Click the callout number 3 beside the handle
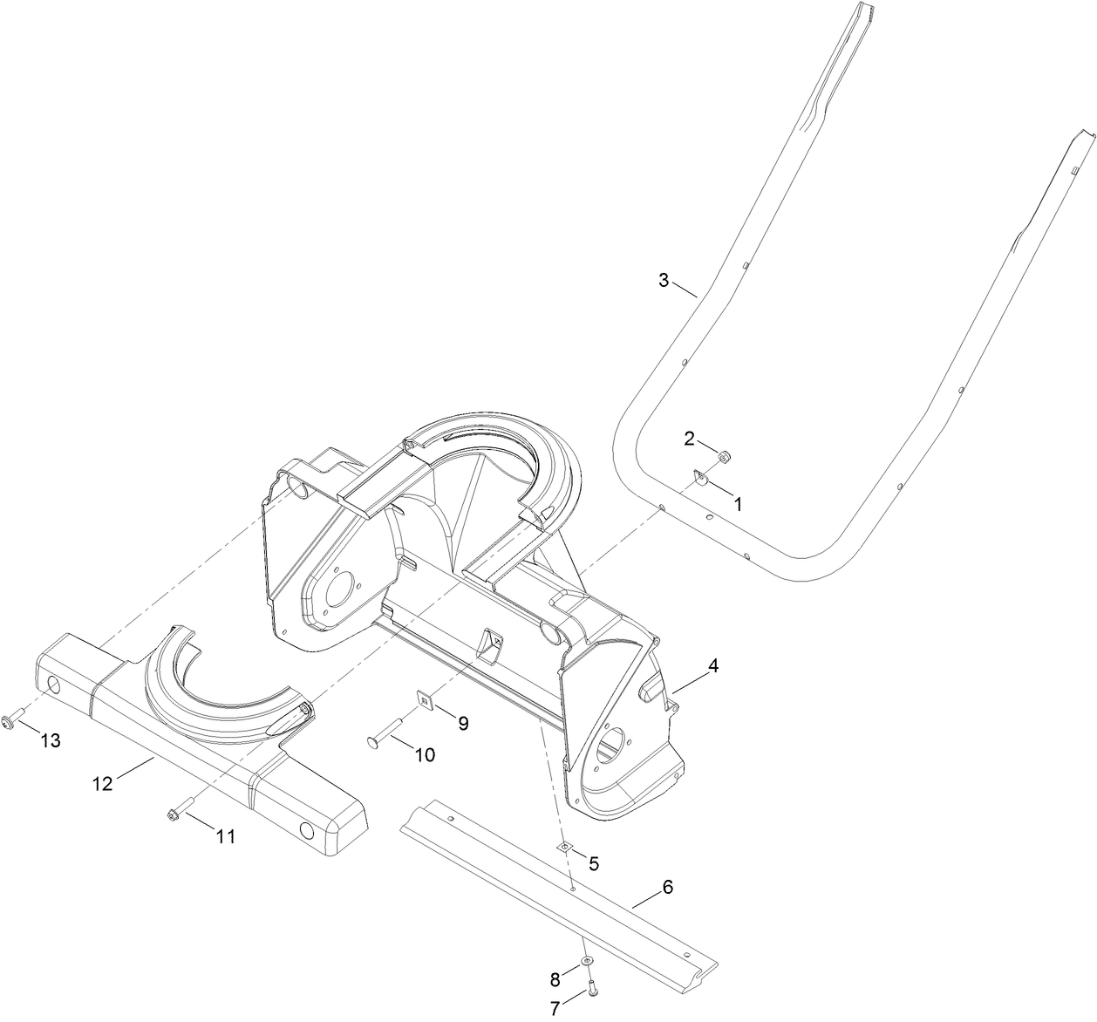click(664, 280)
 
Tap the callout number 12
click(103, 784)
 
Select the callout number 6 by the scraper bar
click(668, 888)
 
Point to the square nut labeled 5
click(565, 846)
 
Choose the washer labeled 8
click(587, 960)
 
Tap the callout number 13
click(51, 740)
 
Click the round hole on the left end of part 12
click(55, 686)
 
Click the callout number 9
click(463, 723)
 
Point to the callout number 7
click(555, 1008)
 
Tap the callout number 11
click(226, 836)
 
